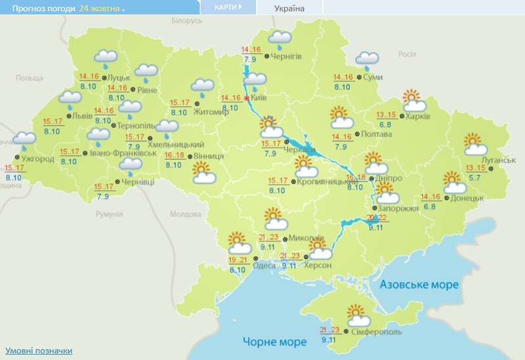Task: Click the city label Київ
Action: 259,98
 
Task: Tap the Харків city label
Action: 418,116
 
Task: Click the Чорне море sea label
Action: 274,342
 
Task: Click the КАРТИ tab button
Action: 227,7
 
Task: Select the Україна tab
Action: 289,8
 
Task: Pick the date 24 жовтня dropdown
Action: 102,9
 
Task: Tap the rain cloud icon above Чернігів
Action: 280,38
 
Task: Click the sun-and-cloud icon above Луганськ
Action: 474,144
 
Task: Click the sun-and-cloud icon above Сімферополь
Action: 358,316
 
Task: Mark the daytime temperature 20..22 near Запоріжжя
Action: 376,218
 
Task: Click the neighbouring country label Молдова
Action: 185,214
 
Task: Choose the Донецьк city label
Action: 467,197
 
